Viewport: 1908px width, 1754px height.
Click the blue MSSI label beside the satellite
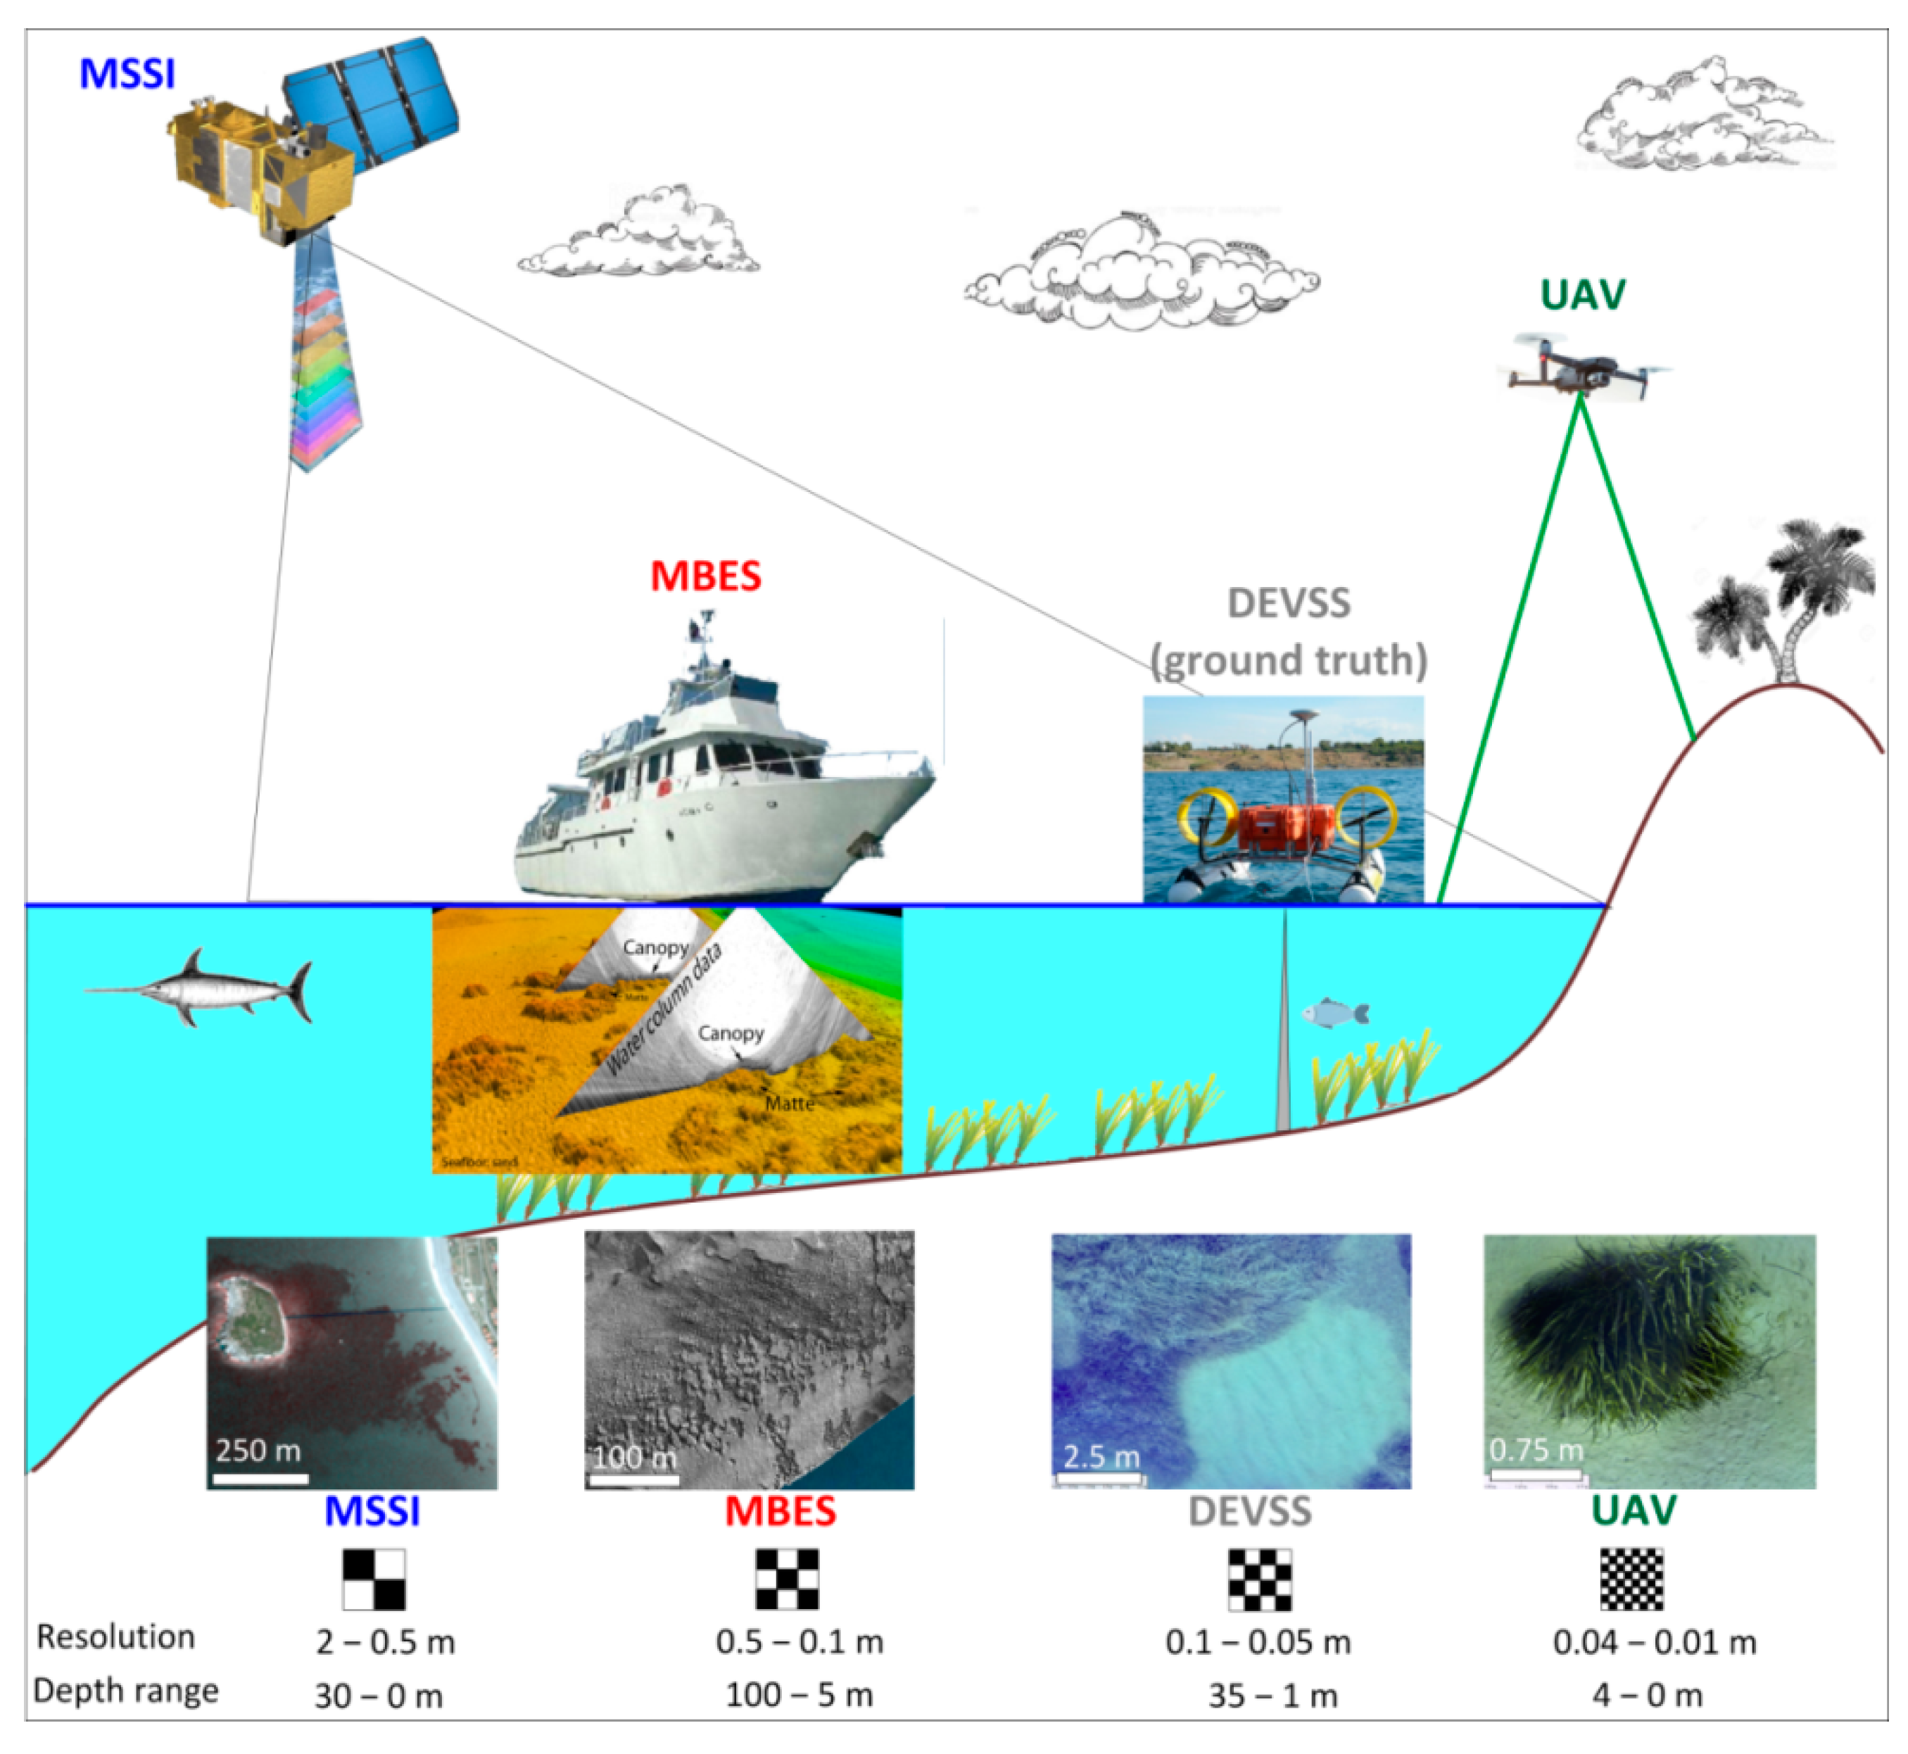pyautogui.click(x=127, y=74)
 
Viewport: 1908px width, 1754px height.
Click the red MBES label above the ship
pyautogui.click(x=705, y=576)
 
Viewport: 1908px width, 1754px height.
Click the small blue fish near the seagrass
pyautogui.click(x=1334, y=1014)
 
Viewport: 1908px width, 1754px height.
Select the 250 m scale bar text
pyautogui.click(x=258, y=1450)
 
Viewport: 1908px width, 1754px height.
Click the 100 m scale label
pyautogui.click(x=634, y=1457)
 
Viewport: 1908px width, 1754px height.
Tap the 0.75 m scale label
pyautogui.click(x=1536, y=1450)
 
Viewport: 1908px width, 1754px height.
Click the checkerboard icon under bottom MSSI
pyautogui.click(x=374, y=1579)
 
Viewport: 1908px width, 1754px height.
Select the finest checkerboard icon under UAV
pyautogui.click(x=1632, y=1579)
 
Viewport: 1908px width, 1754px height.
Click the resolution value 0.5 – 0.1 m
pyautogui.click(x=800, y=1642)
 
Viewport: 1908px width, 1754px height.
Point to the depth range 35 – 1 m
pyautogui.click(x=1272, y=1695)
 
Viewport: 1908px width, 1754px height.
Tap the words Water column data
pyautogui.click(x=664, y=1011)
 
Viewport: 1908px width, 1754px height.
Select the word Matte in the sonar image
pyautogui.click(x=790, y=1103)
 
